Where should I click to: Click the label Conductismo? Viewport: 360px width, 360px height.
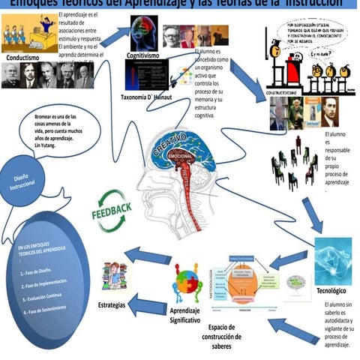pyautogui.click(x=28, y=57)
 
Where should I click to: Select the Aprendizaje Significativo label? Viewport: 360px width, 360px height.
pyautogui.click(x=185, y=315)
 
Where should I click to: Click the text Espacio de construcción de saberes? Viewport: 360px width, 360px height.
pyautogui.click(x=232, y=337)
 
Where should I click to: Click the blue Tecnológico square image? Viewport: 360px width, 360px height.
pyautogui.click(x=332, y=260)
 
